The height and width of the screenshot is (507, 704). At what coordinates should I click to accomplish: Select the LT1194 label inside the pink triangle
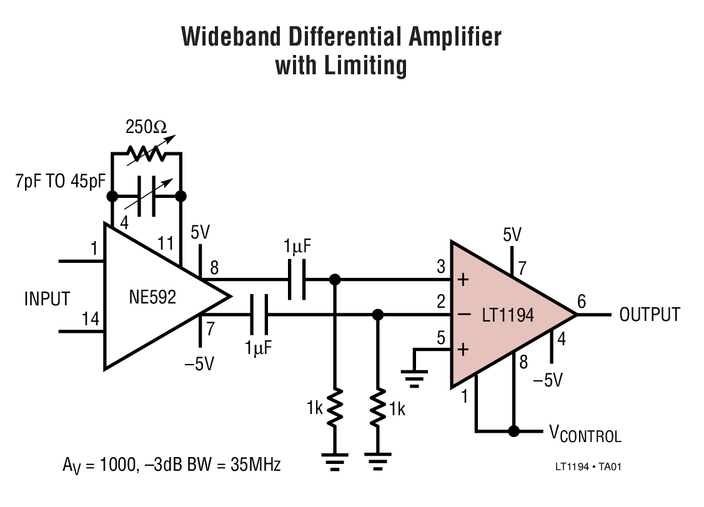pyautogui.click(x=508, y=315)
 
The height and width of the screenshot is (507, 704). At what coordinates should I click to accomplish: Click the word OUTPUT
pyautogui.click(x=649, y=314)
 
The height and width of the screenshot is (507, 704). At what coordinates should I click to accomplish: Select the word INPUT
pyautogui.click(x=47, y=298)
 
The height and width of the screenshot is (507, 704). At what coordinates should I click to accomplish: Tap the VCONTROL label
pyautogui.click(x=585, y=433)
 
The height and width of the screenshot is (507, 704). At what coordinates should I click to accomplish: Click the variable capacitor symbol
pyautogui.click(x=147, y=197)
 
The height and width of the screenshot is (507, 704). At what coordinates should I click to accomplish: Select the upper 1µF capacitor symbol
pyautogui.click(x=297, y=278)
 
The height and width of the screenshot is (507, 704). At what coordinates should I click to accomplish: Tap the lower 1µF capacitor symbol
pyautogui.click(x=257, y=315)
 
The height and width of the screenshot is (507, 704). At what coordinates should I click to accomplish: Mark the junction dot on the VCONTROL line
pyautogui.click(x=513, y=431)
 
